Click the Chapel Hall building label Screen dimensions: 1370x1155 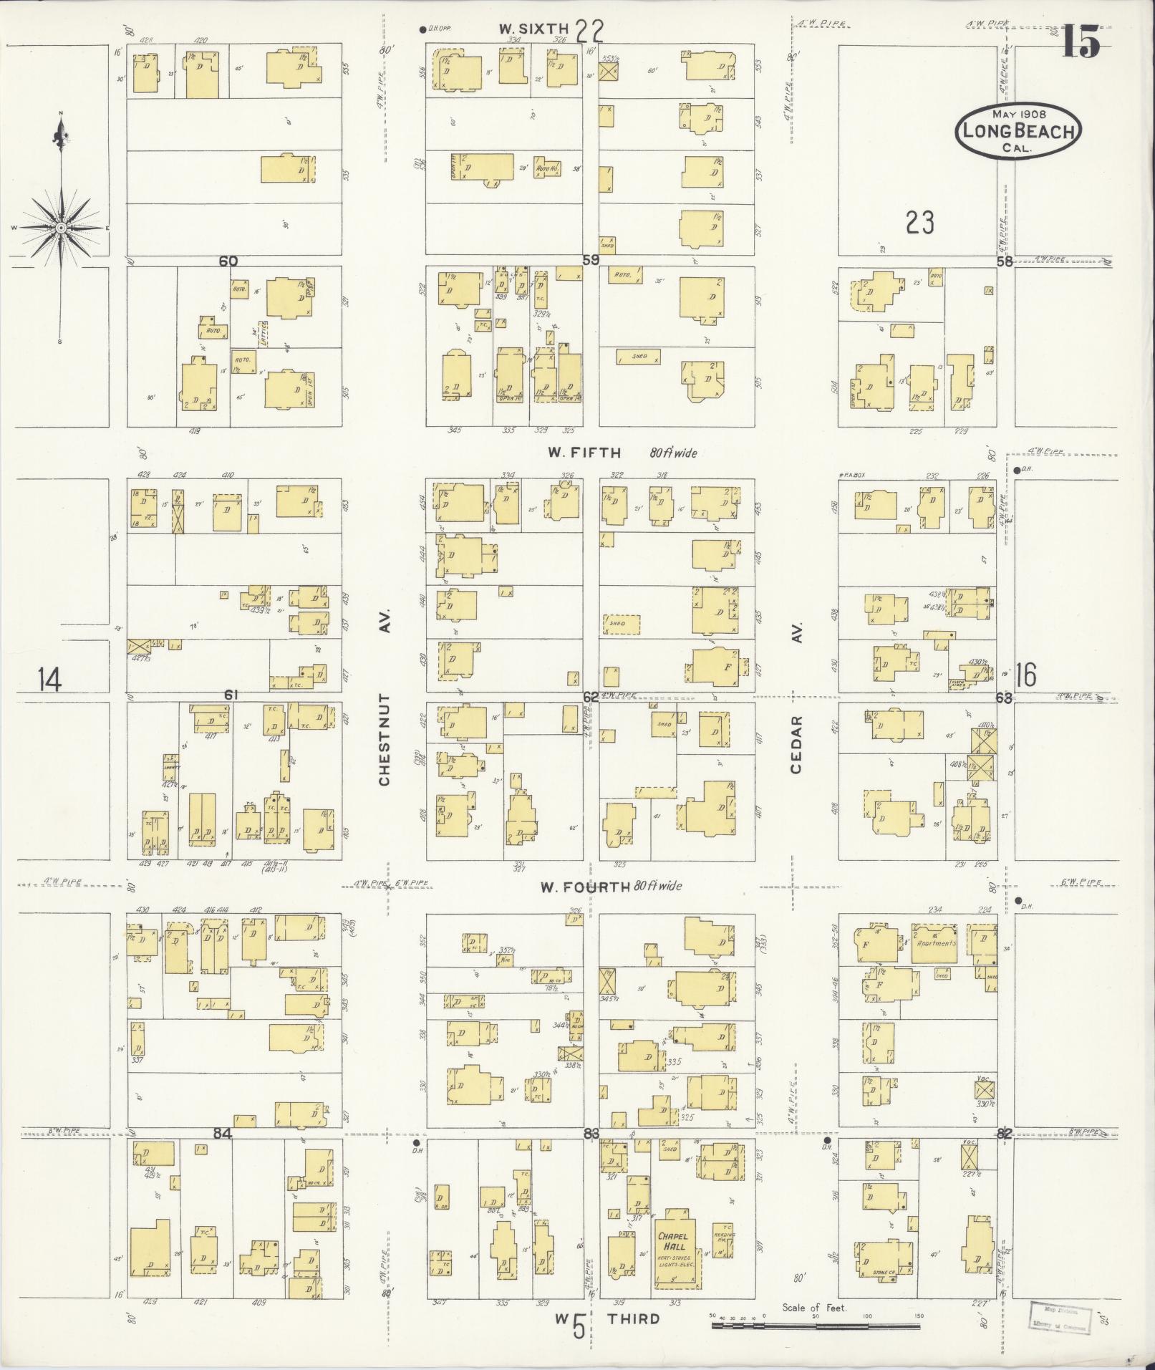click(x=674, y=1240)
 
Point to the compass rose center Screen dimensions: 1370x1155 click(x=61, y=228)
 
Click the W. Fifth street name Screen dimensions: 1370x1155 click(x=584, y=453)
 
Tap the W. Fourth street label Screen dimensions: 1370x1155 click(x=584, y=886)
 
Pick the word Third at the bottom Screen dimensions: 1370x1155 click(x=634, y=1319)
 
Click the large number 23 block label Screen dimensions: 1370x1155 click(x=919, y=223)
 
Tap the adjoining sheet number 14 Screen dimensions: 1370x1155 click(x=49, y=679)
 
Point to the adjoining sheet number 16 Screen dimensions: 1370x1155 click(x=1025, y=675)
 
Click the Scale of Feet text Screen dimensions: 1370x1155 click(x=814, y=1307)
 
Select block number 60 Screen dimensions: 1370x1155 click(x=228, y=261)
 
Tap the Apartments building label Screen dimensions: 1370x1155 click(x=937, y=943)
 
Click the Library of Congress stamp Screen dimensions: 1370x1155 click(x=1055, y=1318)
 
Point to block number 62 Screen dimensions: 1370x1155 click(x=590, y=695)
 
